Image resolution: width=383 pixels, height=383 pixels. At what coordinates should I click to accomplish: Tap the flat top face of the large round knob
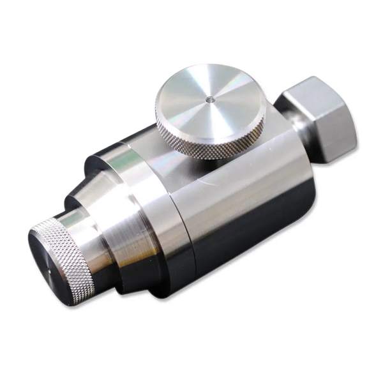point(191,96)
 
